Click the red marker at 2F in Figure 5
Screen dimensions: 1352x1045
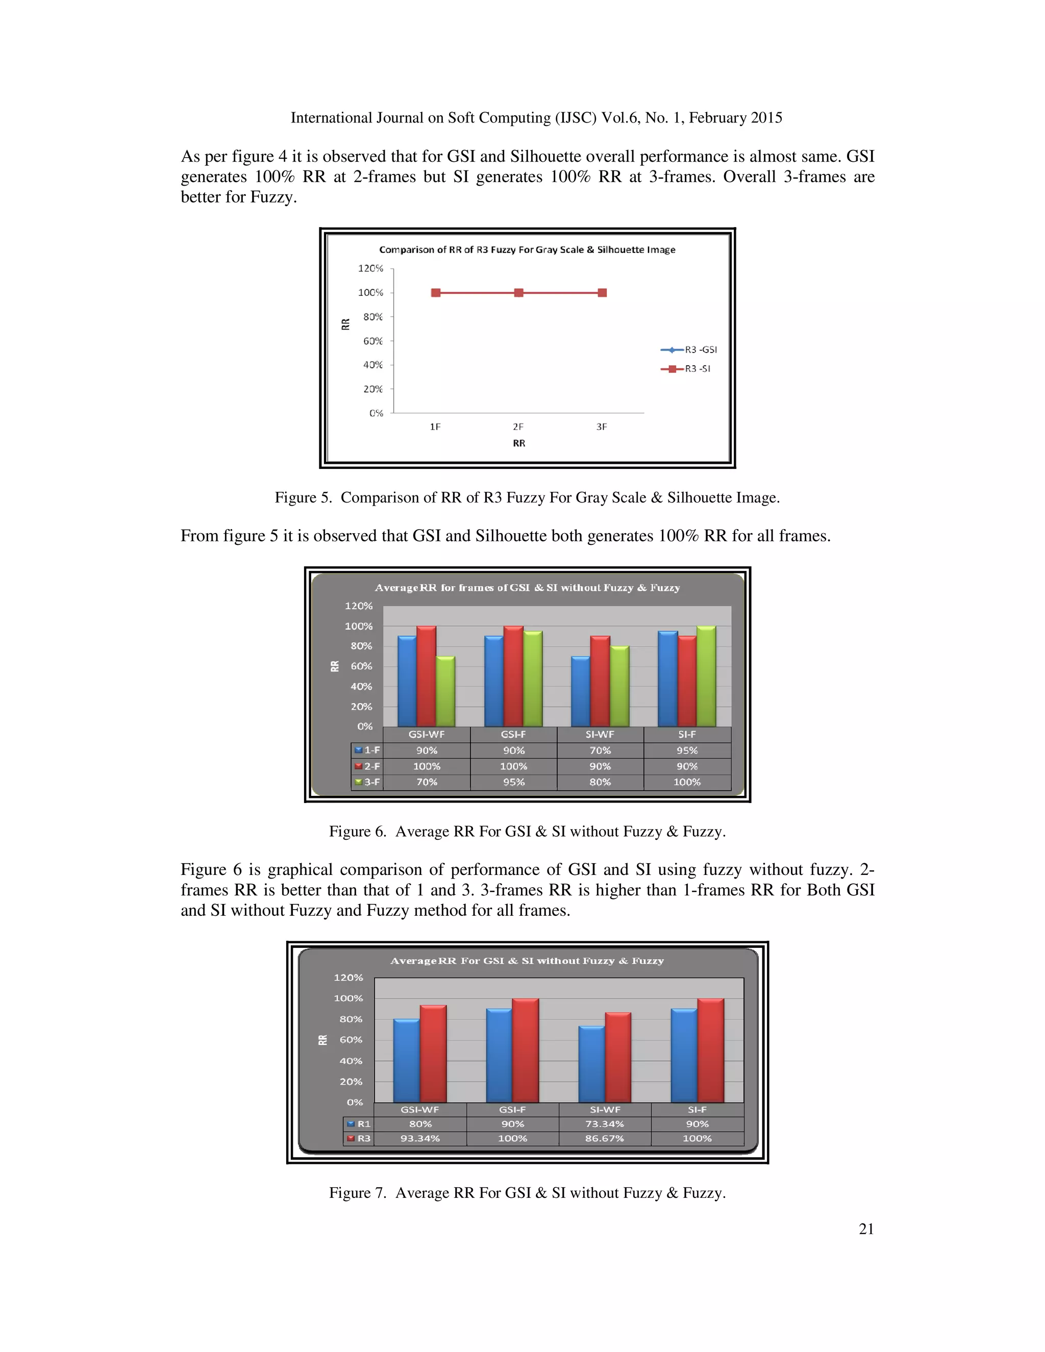(519, 293)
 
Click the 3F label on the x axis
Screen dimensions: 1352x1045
(601, 427)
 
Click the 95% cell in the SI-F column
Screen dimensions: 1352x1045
(687, 750)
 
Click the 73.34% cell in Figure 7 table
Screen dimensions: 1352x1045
(604, 1124)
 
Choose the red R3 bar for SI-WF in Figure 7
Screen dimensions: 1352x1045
(618, 1059)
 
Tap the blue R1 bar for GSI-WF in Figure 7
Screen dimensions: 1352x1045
(406, 1062)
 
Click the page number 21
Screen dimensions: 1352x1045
(865, 1229)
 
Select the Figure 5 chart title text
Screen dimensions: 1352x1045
(527, 250)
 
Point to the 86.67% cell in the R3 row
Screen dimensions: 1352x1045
(604, 1138)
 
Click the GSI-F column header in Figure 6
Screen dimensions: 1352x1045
(513, 735)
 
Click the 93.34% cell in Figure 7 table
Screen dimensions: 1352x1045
(420, 1138)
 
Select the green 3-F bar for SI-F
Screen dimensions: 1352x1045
(706, 677)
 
